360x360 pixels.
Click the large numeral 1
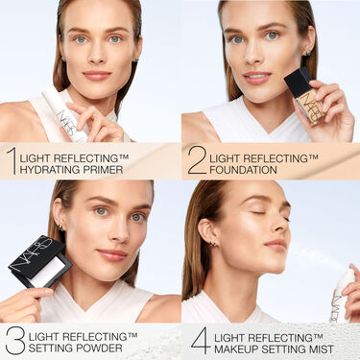pos(11,160)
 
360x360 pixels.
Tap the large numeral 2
pos(197,160)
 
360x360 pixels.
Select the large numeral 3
pos(14,340)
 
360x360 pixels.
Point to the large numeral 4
pos(200,340)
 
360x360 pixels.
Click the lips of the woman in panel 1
pos(97,75)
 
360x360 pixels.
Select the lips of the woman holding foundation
pos(256,78)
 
